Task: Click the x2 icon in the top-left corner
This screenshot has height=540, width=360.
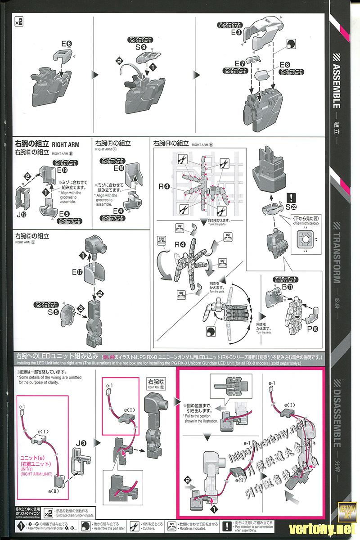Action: pyautogui.click(x=18, y=21)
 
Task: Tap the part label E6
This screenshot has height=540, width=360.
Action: pyautogui.click(x=66, y=44)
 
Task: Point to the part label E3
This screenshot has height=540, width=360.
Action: pyautogui.click(x=237, y=32)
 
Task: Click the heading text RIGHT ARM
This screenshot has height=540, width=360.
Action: pyautogui.click(x=66, y=145)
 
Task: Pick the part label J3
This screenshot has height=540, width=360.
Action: pyautogui.click(x=81, y=442)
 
